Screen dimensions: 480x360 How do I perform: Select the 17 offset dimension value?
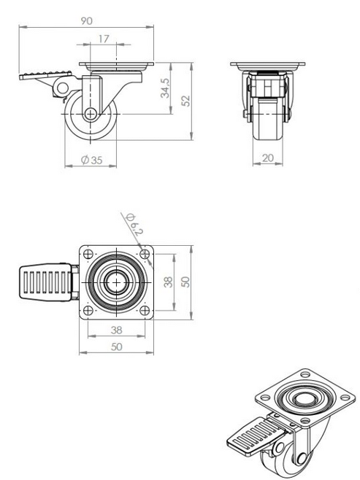(102, 39)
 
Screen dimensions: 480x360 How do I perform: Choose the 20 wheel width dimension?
(267, 158)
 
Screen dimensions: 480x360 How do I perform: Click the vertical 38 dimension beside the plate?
(168, 283)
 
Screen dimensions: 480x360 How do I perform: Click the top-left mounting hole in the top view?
(88, 255)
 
